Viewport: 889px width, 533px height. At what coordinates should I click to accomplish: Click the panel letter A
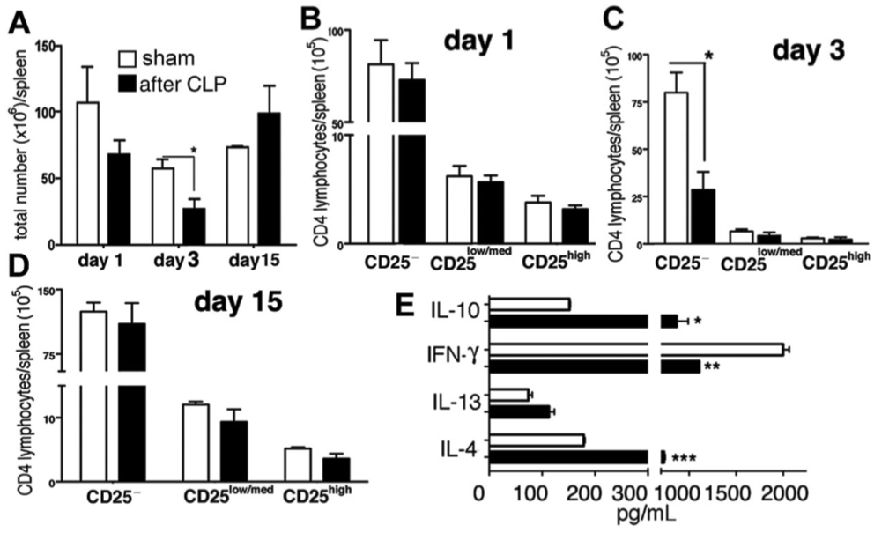[19, 22]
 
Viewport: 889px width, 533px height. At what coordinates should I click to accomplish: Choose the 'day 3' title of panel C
[808, 51]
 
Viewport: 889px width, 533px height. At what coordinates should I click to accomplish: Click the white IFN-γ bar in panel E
[634, 351]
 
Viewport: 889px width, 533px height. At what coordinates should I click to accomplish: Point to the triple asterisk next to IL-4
[685, 458]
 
